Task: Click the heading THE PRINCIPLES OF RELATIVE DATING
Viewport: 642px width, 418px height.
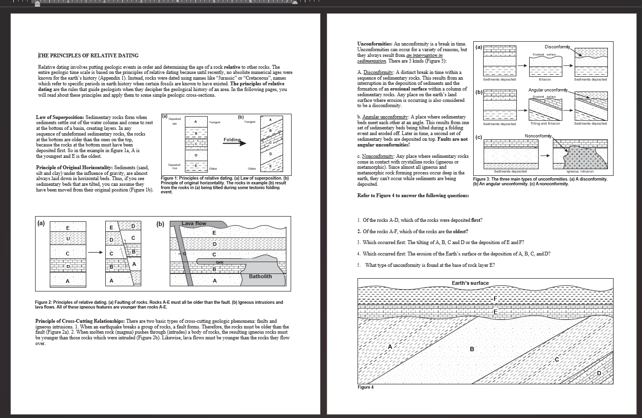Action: coord(88,56)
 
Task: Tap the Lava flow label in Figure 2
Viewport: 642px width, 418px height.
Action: coord(194,223)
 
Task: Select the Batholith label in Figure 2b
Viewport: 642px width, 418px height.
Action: coord(260,276)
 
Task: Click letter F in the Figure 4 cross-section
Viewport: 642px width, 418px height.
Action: coord(495,299)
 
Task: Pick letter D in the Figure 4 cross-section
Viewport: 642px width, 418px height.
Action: coord(598,373)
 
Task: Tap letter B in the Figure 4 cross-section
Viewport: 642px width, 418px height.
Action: coord(472,349)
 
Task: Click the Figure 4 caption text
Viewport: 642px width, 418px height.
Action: coord(366,387)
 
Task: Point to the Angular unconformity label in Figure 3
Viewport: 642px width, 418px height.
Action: coord(548,90)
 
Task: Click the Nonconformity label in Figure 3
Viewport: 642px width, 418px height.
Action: coord(539,136)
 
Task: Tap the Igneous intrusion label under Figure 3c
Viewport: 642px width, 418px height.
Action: coord(579,171)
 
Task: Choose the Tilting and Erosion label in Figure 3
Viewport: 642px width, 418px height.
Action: coord(545,124)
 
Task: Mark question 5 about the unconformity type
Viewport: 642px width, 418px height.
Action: coord(430,265)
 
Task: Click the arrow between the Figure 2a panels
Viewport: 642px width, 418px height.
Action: coord(95,252)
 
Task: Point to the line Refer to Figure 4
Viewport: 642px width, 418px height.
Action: coord(413,195)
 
